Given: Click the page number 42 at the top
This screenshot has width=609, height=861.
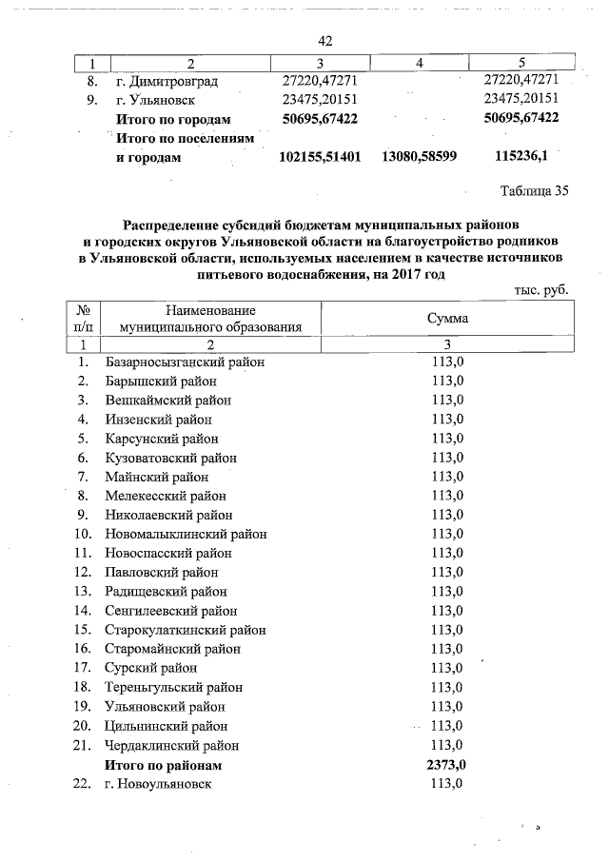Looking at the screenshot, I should (324, 41).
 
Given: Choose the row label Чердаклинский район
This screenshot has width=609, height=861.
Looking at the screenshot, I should (172, 745).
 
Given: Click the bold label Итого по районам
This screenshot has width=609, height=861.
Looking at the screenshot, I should (163, 764).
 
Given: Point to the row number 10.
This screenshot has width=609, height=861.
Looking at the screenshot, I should (83, 534).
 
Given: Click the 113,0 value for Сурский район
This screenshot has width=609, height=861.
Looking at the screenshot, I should (446, 668).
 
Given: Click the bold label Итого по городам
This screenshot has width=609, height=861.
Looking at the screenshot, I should (172, 118).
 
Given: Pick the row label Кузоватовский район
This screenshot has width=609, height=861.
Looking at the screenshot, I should (171, 458).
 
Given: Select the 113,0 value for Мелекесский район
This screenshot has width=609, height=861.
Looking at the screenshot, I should (446, 496).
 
